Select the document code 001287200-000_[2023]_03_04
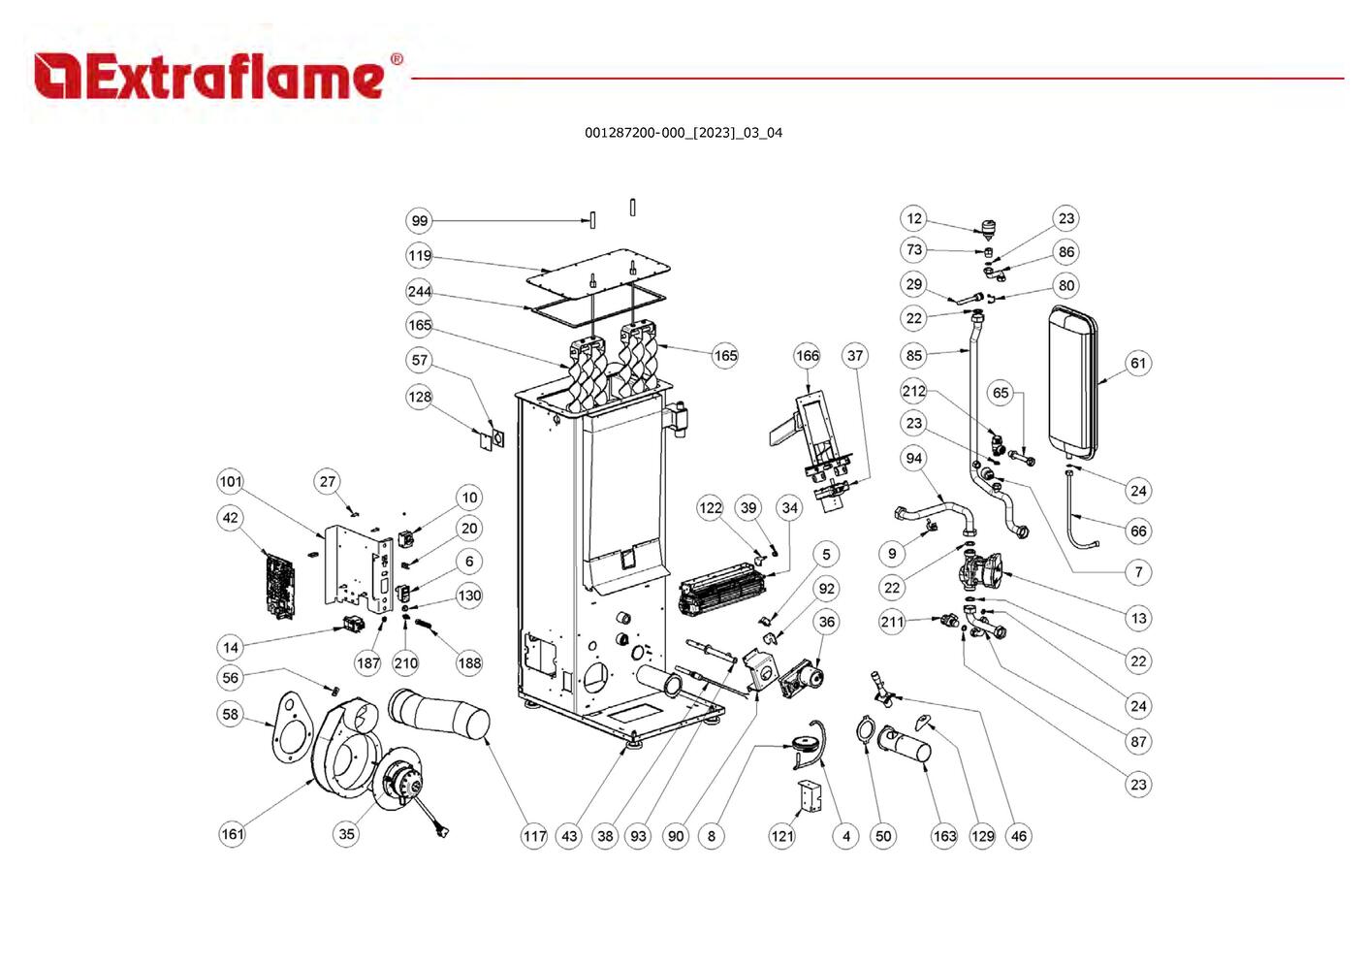click(x=683, y=133)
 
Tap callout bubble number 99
click(x=419, y=221)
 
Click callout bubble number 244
click(x=419, y=292)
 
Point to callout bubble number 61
click(x=1137, y=364)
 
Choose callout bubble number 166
click(x=807, y=356)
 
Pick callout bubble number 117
click(x=534, y=836)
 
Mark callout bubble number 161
click(x=233, y=834)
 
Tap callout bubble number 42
click(x=230, y=518)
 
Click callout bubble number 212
click(x=913, y=391)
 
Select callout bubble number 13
click(x=1138, y=618)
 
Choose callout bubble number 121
click(x=781, y=836)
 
